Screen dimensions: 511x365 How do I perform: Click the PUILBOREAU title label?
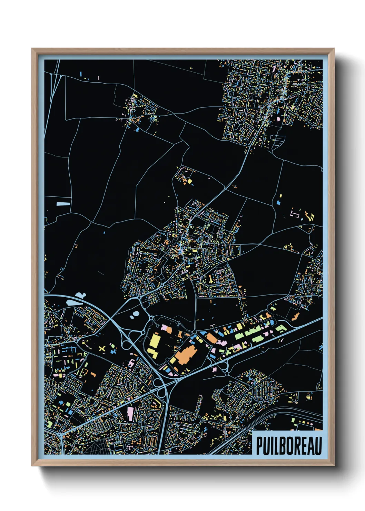tap(288, 446)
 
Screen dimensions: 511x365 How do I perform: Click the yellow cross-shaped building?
tap(102, 349)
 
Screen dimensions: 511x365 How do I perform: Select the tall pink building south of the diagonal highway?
tap(130, 413)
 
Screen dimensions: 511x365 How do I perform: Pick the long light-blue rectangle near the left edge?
tap(63, 204)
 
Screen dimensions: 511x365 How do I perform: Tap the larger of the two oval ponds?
tap(136, 314)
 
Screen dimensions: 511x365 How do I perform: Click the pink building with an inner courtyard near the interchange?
tap(131, 363)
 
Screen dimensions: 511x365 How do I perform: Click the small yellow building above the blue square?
tap(280, 196)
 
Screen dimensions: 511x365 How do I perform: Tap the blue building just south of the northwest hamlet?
tap(138, 130)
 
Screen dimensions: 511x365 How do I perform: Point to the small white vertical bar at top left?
tap(99, 78)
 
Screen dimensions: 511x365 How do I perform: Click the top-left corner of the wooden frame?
tap(32, 49)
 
